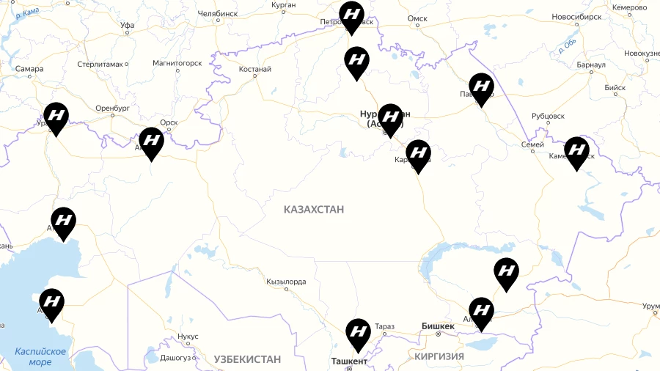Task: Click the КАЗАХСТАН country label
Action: point(314,210)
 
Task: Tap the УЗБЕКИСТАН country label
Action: point(247,359)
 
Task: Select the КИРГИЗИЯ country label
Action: point(439,356)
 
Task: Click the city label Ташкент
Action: point(349,361)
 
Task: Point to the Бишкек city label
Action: point(439,326)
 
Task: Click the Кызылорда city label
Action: point(286,281)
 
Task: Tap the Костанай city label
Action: point(255,70)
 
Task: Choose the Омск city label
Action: point(417,18)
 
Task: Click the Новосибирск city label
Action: point(576,17)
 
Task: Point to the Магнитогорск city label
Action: point(177,63)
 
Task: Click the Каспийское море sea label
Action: point(40,356)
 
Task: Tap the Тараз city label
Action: point(384,326)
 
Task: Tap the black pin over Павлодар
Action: point(481,88)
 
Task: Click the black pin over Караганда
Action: point(418,154)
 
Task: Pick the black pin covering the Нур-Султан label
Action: point(390,118)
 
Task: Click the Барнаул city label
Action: point(591,65)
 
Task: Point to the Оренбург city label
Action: point(111,108)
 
